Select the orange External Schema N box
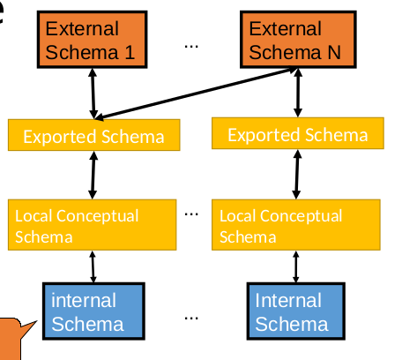coord(297,41)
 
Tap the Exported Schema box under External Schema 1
coord(93,136)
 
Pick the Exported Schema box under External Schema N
coord(297,135)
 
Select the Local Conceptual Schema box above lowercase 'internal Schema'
coord(93,226)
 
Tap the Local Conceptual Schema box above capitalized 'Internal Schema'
coord(297,226)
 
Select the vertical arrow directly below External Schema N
coord(298,93)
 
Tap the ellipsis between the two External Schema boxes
coord(192,44)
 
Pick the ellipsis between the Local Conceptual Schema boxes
coord(193,213)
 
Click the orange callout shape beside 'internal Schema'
coord(17,340)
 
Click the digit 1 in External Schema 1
coord(129,52)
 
